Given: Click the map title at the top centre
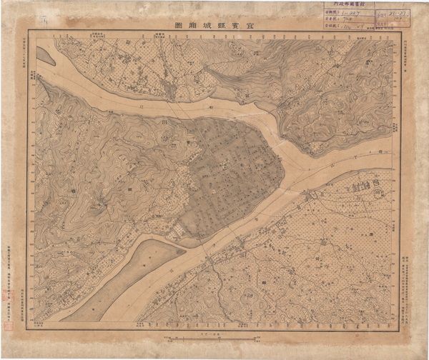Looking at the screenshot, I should click(x=214, y=24).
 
